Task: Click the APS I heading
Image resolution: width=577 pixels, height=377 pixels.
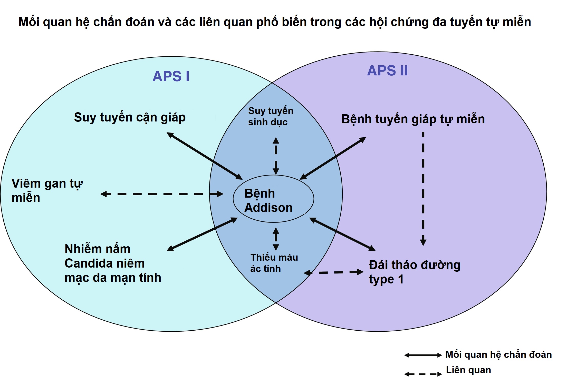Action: (x=171, y=76)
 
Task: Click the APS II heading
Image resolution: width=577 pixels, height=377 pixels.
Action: (x=387, y=70)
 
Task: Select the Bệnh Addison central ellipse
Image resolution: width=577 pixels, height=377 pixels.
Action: (x=273, y=199)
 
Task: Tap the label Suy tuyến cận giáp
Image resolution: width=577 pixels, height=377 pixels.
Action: (x=130, y=118)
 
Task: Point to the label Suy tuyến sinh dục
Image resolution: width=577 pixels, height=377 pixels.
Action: (x=270, y=116)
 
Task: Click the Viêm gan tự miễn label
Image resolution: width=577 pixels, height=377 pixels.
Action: (x=47, y=190)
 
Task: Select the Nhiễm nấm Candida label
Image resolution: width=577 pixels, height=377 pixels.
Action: (x=113, y=263)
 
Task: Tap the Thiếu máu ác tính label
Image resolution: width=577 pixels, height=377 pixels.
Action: (x=274, y=263)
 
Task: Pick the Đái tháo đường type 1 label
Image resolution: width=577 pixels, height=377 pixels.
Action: (x=414, y=272)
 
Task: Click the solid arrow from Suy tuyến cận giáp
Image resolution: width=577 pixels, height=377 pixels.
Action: (x=205, y=156)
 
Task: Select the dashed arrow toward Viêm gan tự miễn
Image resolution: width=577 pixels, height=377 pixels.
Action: (x=162, y=194)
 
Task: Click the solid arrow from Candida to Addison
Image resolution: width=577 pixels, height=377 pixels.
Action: (x=202, y=234)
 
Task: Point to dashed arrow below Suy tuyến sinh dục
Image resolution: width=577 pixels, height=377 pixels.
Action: (x=276, y=156)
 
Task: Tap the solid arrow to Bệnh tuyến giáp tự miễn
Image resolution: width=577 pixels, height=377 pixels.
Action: (x=333, y=158)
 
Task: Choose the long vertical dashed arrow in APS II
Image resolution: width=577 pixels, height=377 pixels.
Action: (x=423, y=188)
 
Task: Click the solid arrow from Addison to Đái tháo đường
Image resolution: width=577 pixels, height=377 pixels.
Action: (x=342, y=234)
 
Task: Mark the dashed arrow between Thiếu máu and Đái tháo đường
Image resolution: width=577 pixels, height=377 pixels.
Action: (x=334, y=272)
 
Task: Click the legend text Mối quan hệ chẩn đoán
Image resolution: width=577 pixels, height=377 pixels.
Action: (x=498, y=354)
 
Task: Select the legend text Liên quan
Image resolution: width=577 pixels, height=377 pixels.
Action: (x=468, y=370)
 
